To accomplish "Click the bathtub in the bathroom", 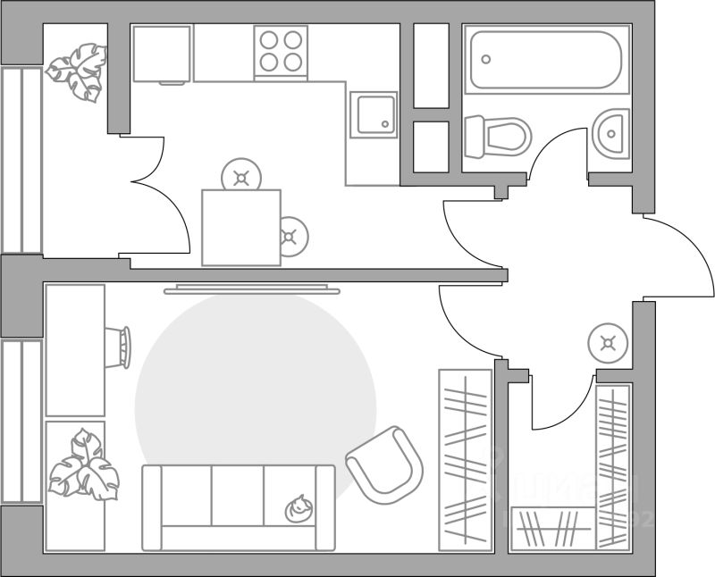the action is coord(547,60).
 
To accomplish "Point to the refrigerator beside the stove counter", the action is coord(162,54).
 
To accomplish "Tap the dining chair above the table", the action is coord(241,176).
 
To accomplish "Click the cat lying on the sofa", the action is coord(299,508).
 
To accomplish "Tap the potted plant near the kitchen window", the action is coord(75,71).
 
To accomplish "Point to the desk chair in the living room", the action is coord(120,346).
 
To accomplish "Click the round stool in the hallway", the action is coord(609,343).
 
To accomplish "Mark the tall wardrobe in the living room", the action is coord(466,459).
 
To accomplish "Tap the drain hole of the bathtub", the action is coord(486,59).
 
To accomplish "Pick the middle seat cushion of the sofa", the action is coord(238,495).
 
